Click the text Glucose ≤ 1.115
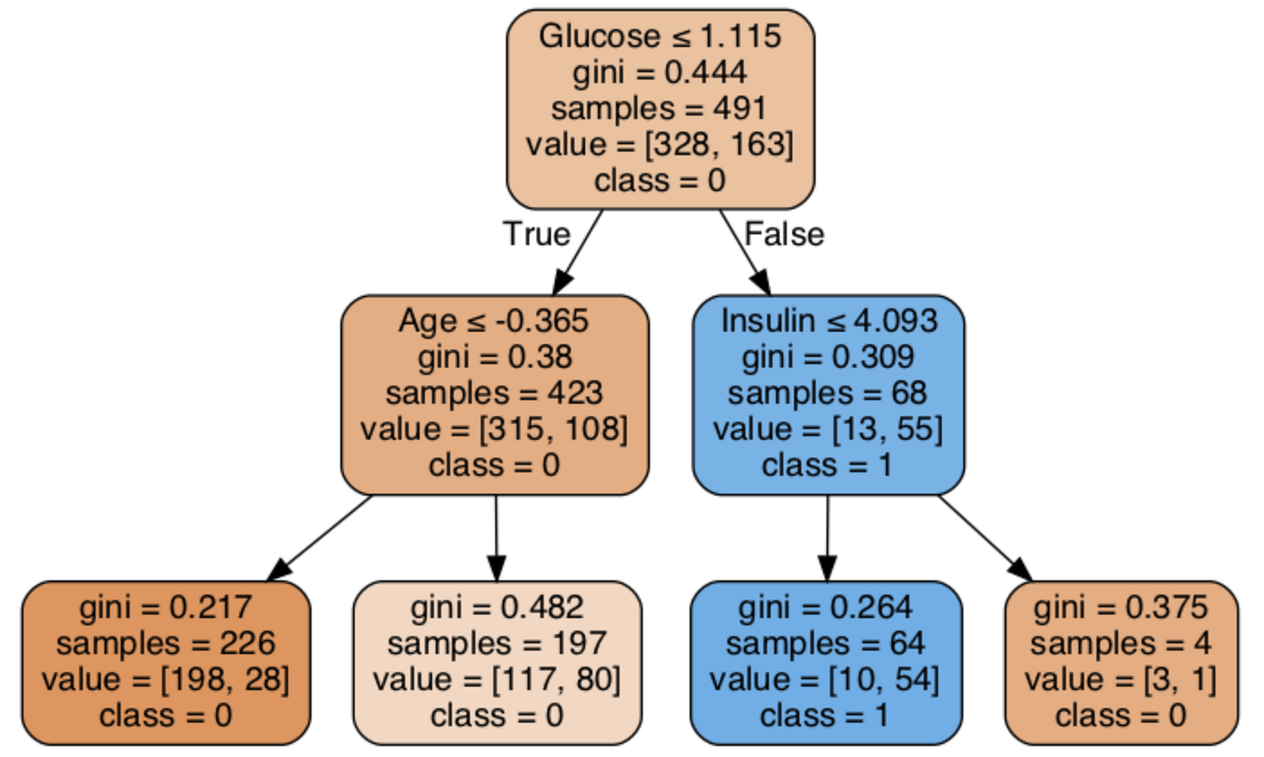(660, 36)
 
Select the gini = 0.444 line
(660, 72)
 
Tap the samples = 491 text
(660, 107)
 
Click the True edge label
(537, 234)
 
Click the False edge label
(784, 234)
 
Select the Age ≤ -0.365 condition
(495, 322)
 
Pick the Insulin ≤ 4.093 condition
(828, 322)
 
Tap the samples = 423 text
(495, 394)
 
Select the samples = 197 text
(497, 643)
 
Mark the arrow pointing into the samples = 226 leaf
(321, 538)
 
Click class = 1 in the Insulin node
(828, 465)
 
